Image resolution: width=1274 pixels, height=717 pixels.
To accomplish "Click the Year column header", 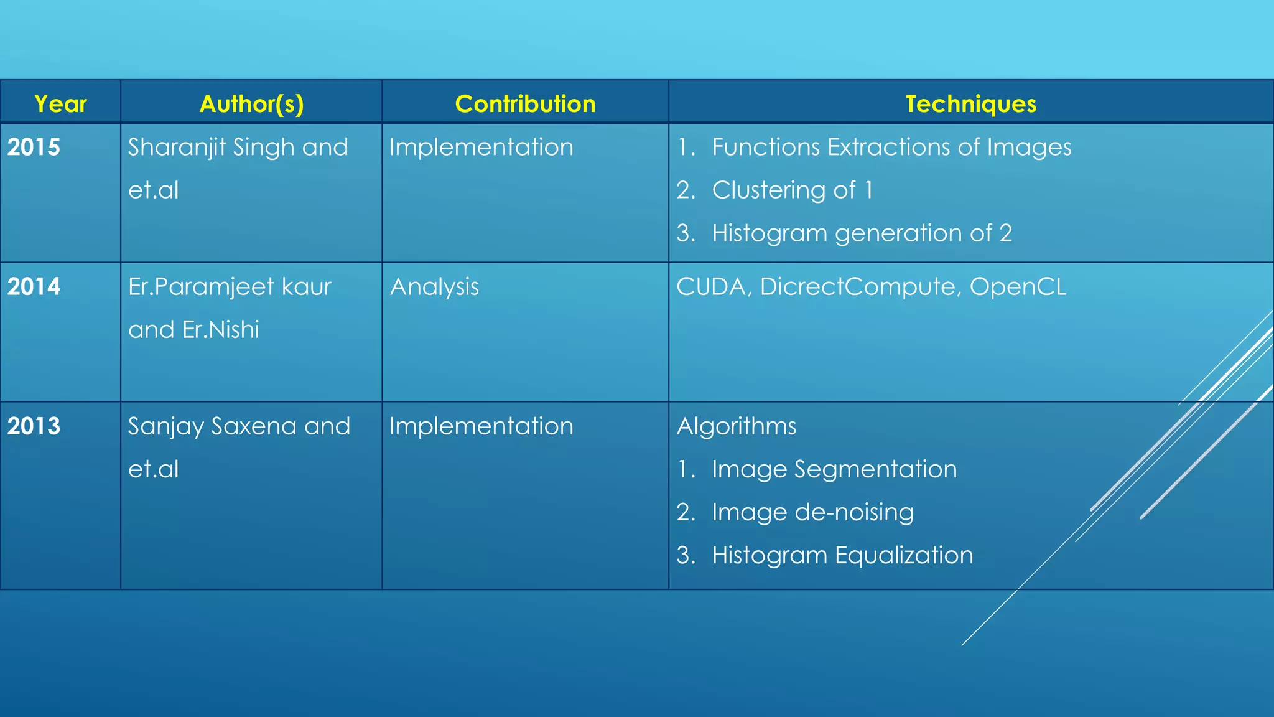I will coord(60,103).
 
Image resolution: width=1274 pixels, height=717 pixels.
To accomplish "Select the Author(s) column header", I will coord(251,103).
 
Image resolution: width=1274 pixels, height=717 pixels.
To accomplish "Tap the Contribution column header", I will coord(525,103).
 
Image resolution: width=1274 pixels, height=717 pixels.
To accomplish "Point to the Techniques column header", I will coord(970,103).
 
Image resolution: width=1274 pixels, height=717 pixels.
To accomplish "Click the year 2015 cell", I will coord(34,147).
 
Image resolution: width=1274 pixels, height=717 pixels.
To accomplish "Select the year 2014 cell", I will coord(34,286).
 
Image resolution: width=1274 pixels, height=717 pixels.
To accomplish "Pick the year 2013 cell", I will coord(34,426).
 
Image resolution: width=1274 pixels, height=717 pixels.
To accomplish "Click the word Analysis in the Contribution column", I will coord(434,287).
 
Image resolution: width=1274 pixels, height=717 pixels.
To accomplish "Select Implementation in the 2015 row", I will coord(481,148).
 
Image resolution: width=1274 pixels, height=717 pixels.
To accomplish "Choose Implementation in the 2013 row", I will coord(481,426).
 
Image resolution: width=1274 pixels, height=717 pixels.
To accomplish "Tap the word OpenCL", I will coord(1018,287).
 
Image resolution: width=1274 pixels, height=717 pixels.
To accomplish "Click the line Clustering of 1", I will coord(792,190).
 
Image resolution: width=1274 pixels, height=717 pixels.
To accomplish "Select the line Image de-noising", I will coord(812,512).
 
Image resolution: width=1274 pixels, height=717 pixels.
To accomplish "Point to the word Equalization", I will coord(904,555).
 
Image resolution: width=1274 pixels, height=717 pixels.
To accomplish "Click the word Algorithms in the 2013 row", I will coord(736,426).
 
